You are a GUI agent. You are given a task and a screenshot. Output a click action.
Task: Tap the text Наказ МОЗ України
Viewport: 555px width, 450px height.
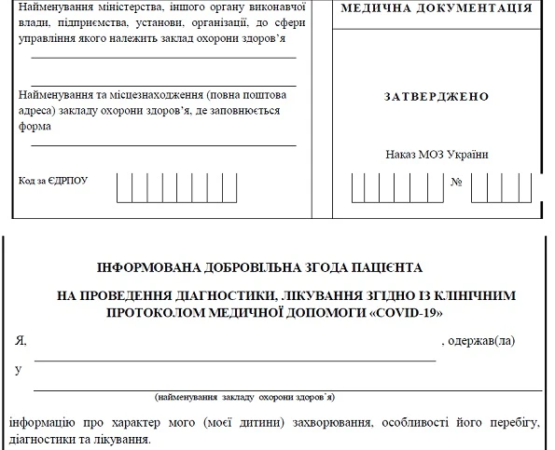437,154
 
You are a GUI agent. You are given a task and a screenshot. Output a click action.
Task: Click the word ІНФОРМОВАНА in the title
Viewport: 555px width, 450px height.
147,267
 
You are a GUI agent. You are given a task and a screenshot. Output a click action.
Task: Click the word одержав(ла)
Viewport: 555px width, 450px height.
481,342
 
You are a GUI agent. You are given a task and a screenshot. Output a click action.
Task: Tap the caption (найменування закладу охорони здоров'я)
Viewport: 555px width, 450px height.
245,397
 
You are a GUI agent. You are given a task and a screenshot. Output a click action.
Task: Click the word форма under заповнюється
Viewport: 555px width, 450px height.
33,128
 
